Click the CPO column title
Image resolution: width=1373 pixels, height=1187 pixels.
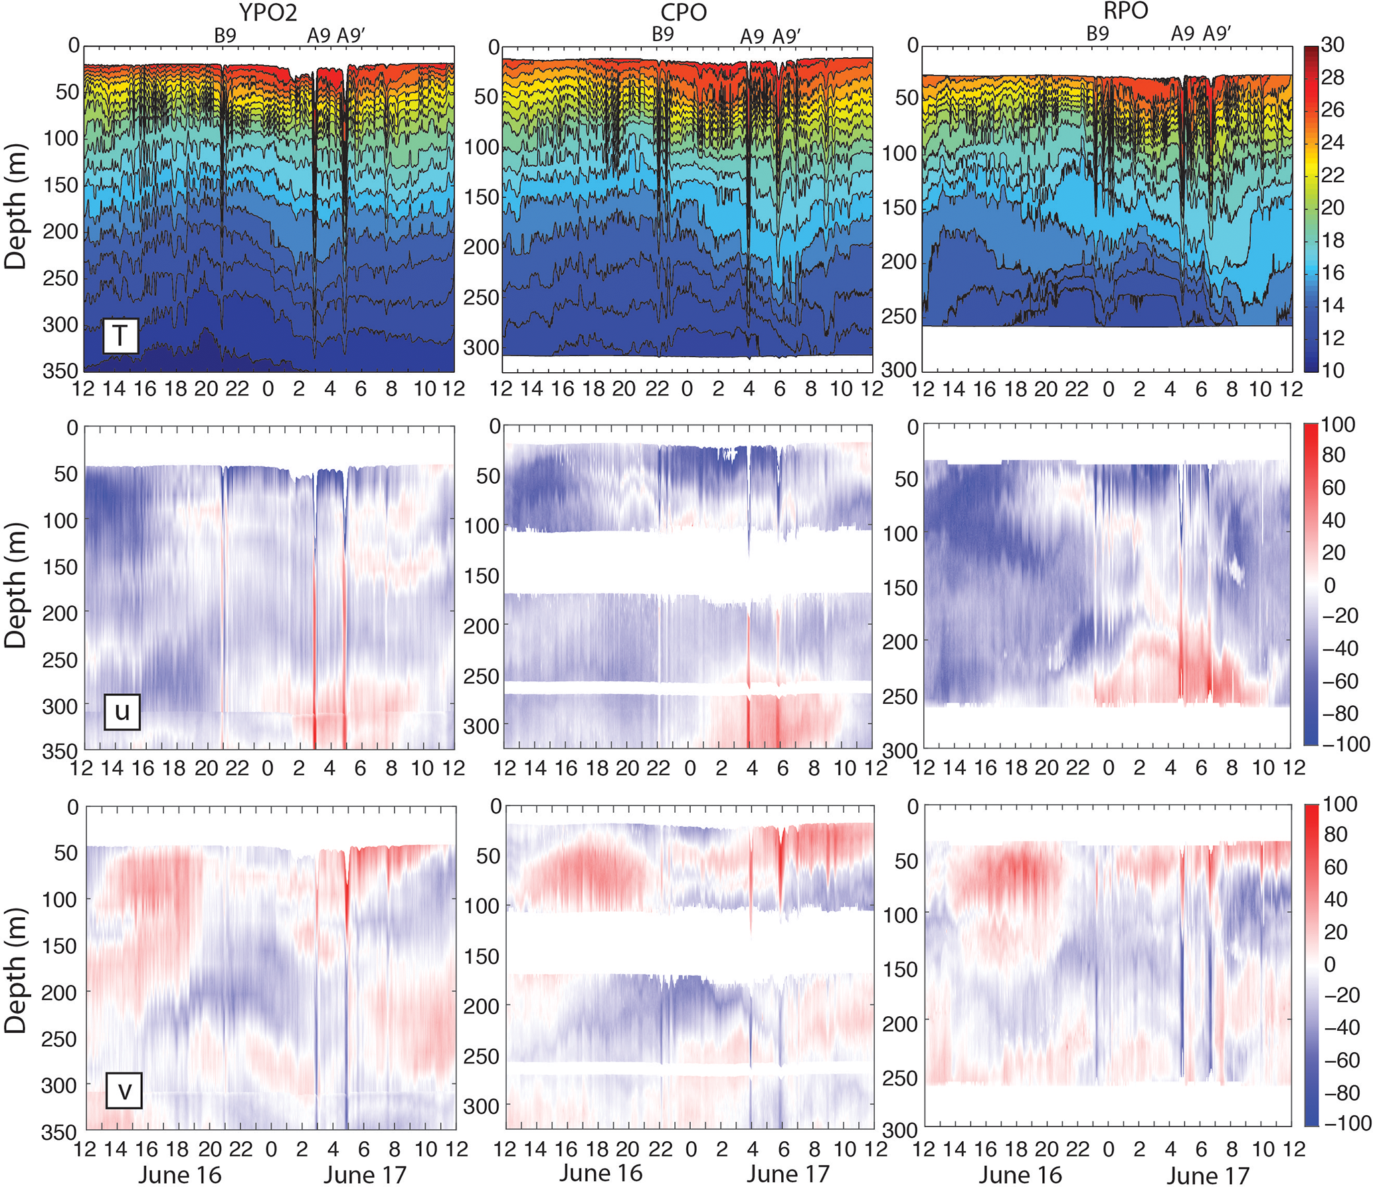click(x=684, y=12)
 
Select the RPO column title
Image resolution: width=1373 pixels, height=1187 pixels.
click(x=1125, y=11)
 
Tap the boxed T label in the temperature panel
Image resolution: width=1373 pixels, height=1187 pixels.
click(x=120, y=336)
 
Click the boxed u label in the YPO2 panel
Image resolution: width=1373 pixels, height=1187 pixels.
click(x=122, y=711)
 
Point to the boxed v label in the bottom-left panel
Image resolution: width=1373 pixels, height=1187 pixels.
click(x=124, y=1090)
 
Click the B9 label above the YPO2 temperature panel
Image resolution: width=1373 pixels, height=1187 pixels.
click(x=225, y=35)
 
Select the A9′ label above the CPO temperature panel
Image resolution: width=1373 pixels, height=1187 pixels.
click(x=786, y=37)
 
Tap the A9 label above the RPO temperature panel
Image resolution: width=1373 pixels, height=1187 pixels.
click(x=1182, y=33)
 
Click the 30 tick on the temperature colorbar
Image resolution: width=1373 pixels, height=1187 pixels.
click(x=1332, y=45)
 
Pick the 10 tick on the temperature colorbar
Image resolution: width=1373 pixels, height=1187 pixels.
click(x=1332, y=370)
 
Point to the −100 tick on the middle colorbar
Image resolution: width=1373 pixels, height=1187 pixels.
click(x=1346, y=744)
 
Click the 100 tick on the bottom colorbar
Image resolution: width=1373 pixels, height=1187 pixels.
click(x=1339, y=804)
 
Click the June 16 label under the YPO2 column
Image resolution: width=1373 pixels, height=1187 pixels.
click(x=179, y=1174)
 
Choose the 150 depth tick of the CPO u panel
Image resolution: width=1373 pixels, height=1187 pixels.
click(x=482, y=576)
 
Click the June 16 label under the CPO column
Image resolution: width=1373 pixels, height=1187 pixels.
click(x=600, y=1173)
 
